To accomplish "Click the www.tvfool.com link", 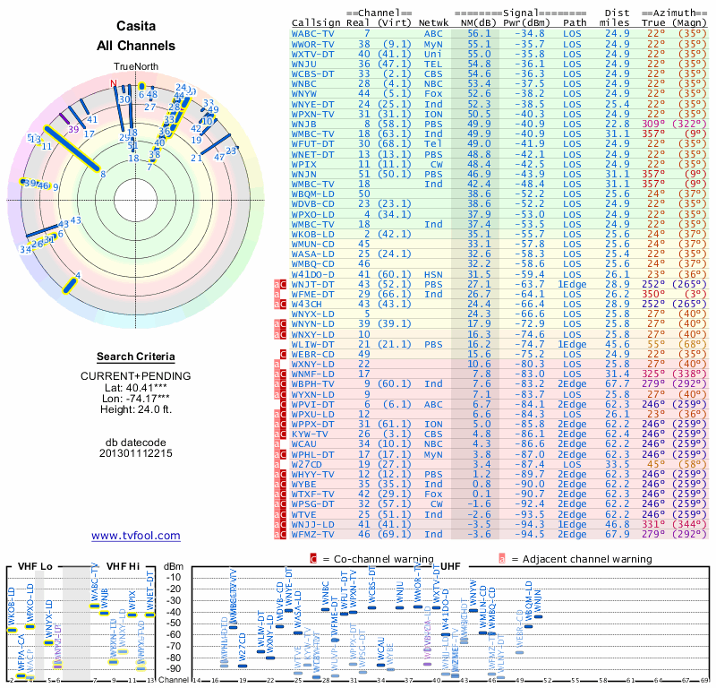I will click(x=136, y=536).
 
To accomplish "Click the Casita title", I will click(x=136, y=26).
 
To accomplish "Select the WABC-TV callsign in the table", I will click(x=314, y=33).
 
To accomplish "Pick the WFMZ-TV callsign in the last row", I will click(x=314, y=535).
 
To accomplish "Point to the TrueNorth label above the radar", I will click(x=135, y=66).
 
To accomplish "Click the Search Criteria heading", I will click(x=136, y=357).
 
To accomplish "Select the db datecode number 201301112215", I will click(x=136, y=453).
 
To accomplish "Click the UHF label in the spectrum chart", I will click(x=451, y=566).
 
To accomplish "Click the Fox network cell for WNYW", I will click(x=433, y=93).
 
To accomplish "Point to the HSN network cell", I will click(x=433, y=274).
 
